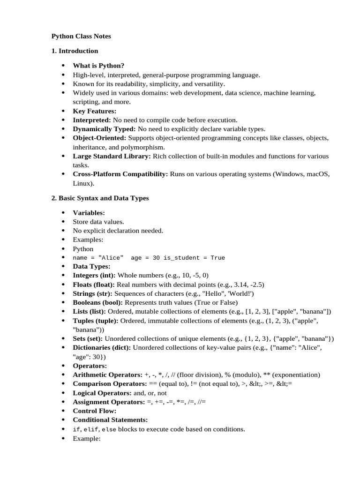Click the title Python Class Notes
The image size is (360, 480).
(81, 36)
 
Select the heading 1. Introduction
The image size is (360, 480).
(75, 51)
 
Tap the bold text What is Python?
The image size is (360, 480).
(98, 66)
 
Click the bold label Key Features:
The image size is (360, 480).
(94, 111)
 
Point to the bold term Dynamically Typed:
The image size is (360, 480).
(104, 129)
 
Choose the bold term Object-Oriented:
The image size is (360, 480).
(99, 138)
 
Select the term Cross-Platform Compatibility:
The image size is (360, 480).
(120, 174)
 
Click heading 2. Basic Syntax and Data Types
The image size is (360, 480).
(100, 198)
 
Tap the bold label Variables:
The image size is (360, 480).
(89, 213)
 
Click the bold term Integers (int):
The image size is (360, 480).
(94, 276)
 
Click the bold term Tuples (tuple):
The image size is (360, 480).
(96, 321)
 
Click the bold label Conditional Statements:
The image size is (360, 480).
(110, 420)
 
